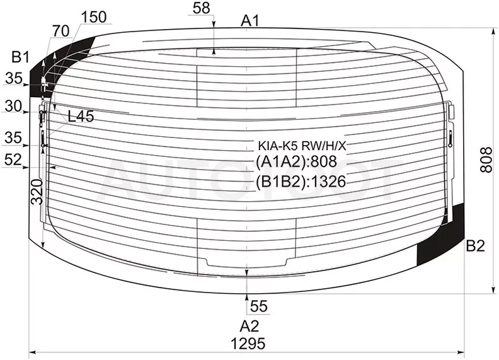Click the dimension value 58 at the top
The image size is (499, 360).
pos(201,8)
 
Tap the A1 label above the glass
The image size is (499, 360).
pos(250,21)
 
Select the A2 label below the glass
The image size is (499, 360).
pos(249,326)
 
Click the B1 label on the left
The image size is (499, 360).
pos(20,57)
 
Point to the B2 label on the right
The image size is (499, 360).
pos(476,246)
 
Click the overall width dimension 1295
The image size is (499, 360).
pos(248,344)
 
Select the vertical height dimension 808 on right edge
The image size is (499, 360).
pos(486,160)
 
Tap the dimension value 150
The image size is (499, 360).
pos(94,17)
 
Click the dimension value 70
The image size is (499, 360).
pos(60,32)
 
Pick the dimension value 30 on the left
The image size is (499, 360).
pos(13,106)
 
